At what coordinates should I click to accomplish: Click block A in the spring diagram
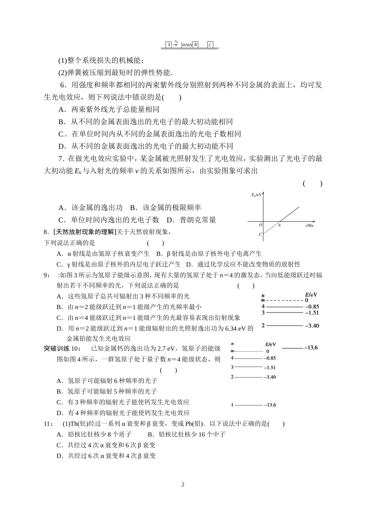(168, 45)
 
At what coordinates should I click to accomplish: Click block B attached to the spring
(195, 45)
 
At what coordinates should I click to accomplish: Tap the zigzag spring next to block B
(186, 45)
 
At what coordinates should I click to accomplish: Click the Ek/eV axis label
(256, 195)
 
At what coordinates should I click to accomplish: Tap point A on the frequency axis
(279, 225)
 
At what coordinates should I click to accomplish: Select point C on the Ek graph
(260, 234)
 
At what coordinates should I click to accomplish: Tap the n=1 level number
(232, 405)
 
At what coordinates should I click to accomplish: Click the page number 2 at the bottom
(183, 484)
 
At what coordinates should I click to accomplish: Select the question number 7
(60, 158)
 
